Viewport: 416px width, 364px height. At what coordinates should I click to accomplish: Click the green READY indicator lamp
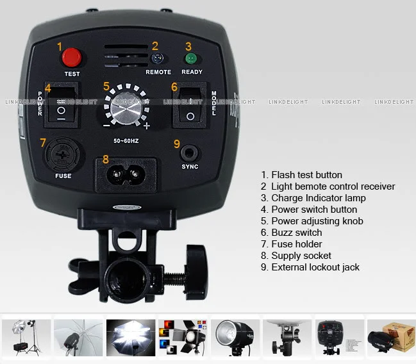(191, 58)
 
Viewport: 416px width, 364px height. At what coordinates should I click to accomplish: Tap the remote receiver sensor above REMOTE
(157, 58)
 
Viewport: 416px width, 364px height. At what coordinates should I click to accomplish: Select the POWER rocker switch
(62, 104)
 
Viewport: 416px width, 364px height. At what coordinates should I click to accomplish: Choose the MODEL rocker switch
(190, 105)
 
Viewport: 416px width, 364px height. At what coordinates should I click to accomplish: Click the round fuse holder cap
(63, 154)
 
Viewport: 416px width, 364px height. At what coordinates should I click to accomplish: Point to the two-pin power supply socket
(126, 174)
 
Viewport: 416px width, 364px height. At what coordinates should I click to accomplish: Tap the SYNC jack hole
(189, 153)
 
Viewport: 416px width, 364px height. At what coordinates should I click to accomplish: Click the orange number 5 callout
(106, 87)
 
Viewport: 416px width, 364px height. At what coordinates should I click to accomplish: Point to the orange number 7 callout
(43, 142)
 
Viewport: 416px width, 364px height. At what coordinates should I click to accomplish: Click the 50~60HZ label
(126, 141)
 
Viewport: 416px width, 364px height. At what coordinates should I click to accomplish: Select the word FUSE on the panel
(63, 176)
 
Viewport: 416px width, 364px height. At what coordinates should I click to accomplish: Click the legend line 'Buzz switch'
(291, 233)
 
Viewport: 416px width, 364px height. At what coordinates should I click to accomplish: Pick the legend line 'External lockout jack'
(310, 267)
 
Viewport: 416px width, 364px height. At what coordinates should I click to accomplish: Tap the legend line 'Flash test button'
(301, 175)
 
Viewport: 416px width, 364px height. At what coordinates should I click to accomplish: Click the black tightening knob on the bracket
(197, 271)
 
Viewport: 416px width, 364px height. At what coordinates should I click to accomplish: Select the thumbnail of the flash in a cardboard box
(391, 338)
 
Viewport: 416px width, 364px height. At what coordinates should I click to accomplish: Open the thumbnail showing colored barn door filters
(183, 338)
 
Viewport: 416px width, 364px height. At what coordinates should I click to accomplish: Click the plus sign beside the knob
(146, 126)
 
